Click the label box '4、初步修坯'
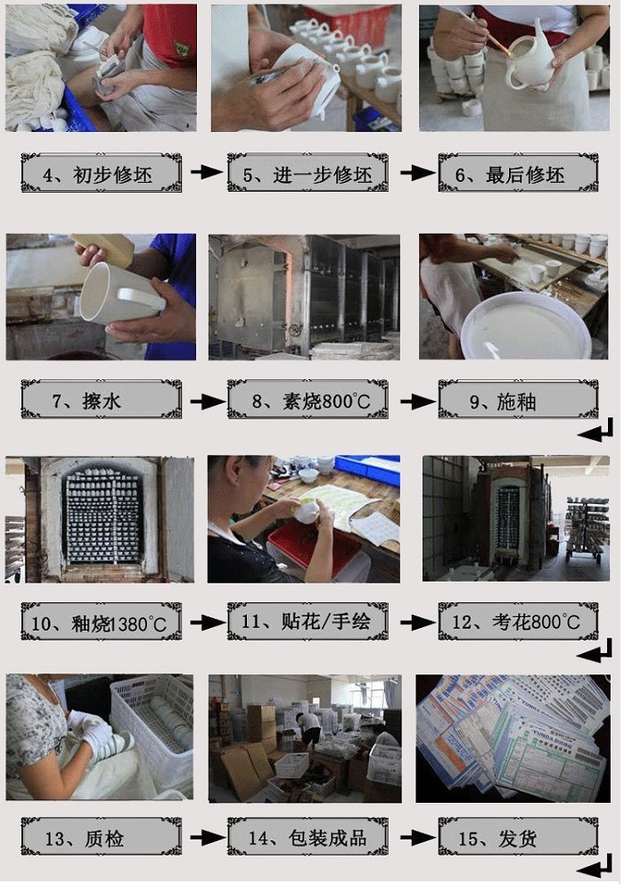coord(101,172)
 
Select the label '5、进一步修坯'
coord(308,172)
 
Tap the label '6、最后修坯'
coord(518,172)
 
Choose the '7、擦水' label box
coord(101,399)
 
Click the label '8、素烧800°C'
coord(308,399)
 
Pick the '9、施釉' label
coord(518,399)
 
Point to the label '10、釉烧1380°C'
coord(101,621)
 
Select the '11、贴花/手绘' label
coord(308,621)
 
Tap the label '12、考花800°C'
coord(518,621)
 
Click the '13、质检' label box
coord(101,837)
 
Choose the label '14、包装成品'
coord(308,837)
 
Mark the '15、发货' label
coord(518,837)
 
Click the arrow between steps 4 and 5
coord(206,171)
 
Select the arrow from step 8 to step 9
coord(418,401)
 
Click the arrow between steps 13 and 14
coord(206,838)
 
